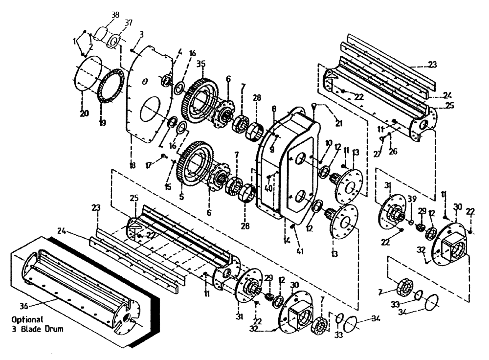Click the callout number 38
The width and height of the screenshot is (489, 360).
[x=115, y=15]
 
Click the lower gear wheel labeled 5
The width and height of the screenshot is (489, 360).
[x=194, y=164]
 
